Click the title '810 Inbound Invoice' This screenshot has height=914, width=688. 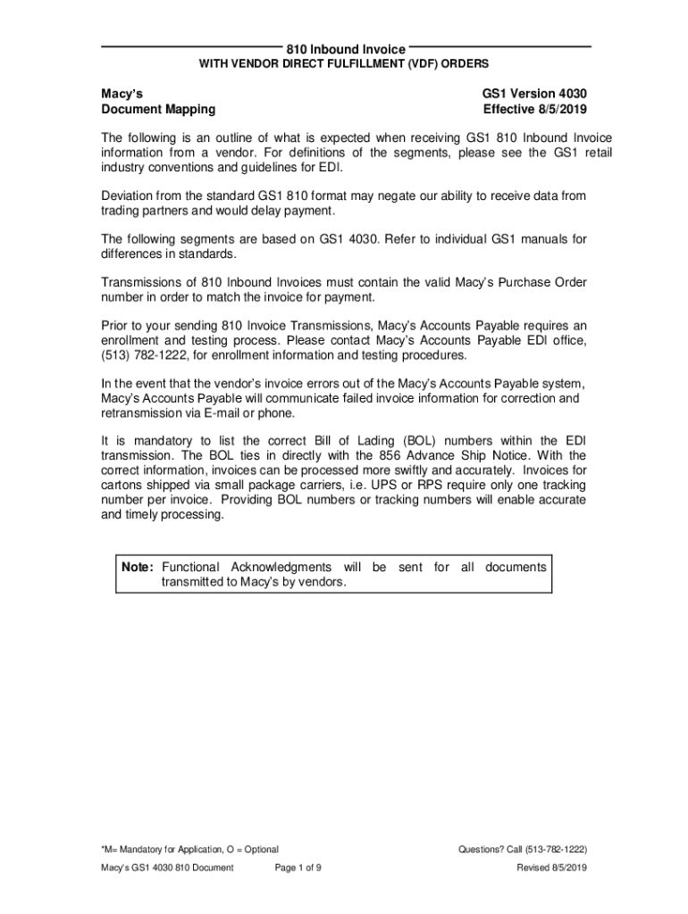pos(345,49)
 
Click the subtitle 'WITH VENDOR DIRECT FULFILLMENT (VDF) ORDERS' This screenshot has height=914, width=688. pos(343,64)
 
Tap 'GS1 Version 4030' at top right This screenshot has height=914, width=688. pos(534,93)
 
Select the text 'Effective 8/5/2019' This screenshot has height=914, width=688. pos(534,110)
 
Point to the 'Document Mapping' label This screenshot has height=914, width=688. pos(157,110)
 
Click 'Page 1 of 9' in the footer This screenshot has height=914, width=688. pos(298,868)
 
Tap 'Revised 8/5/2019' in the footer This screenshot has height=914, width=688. pos(551,868)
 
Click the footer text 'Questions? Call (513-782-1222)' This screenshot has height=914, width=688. pos(522,849)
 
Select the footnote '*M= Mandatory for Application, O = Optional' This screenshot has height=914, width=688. pos(189,849)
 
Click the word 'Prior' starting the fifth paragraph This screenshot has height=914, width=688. pos(116,326)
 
